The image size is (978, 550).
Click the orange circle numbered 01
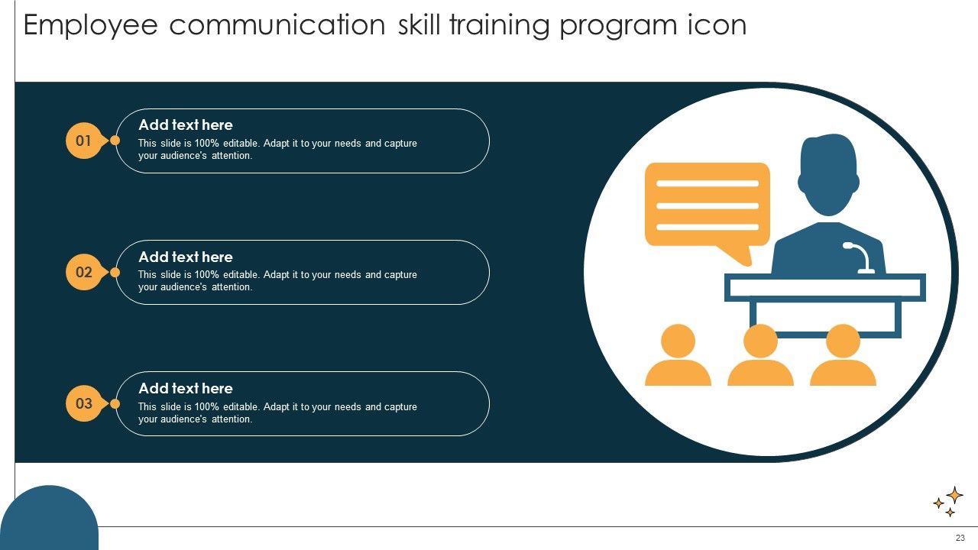[83, 141]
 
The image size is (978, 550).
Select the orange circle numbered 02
[83, 272]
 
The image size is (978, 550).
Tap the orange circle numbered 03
[83, 403]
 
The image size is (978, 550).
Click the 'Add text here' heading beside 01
[186, 125]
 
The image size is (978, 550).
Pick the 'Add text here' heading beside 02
[186, 257]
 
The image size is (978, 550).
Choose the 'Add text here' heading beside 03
[186, 389]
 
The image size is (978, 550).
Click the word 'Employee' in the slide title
[91, 26]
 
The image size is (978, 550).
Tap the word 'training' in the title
[498, 26]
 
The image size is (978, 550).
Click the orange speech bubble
[707, 205]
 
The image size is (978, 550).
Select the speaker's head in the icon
[828, 174]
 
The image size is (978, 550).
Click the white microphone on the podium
[860, 256]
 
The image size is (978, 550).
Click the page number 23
[960, 538]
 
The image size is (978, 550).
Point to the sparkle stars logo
[948, 501]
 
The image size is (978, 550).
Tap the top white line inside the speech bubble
[707, 183]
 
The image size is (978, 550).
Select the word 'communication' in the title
[277, 26]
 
